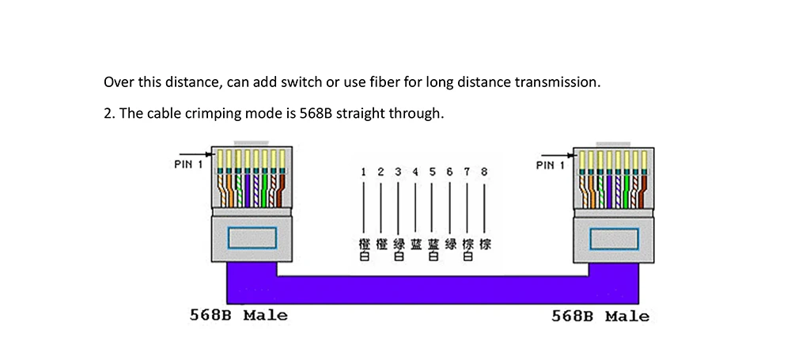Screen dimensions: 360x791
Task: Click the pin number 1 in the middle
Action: point(363,172)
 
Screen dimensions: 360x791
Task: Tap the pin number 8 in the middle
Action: point(484,172)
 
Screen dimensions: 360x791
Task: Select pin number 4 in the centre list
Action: point(414,172)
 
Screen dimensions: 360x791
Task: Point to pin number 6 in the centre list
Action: point(449,172)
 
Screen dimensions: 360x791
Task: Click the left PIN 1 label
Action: point(187,165)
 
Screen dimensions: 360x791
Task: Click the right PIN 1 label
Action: point(550,165)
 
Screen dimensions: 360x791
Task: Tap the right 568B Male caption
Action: point(600,316)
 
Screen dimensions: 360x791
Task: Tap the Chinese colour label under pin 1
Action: point(363,249)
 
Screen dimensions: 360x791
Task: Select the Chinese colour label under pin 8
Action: point(484,244)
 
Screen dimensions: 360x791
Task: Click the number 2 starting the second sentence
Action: point(108,113)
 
